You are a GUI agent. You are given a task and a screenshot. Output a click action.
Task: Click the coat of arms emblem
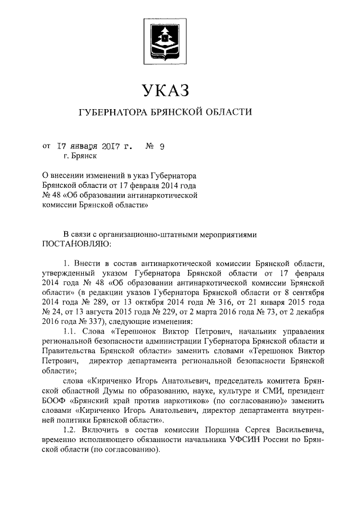pyautogui.click(x=163, y=43)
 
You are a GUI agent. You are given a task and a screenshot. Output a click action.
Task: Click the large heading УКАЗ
pyautogui.click(x=164, y=89)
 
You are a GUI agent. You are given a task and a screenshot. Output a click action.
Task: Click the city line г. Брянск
pyautogui.click(x=81, y=159)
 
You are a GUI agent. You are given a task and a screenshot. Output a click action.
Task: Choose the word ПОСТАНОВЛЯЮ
pyautogui.click(x=76, y=244)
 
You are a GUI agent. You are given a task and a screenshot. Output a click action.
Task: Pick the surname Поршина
pyautogui.click(x=211, y=430)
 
